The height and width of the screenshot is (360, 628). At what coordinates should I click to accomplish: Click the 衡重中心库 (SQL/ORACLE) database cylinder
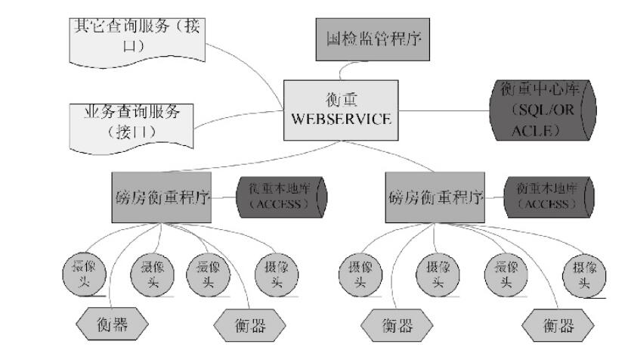[x=542, y=111]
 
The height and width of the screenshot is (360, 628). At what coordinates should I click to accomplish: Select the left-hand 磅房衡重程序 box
[x=161, y=197]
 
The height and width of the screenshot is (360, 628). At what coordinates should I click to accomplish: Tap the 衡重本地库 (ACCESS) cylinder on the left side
[x=282, y=196]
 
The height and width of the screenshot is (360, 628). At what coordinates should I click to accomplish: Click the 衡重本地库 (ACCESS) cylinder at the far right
[x=550, y=196]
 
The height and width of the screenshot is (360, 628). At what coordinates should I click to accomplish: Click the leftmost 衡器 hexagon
[x=113, y=326]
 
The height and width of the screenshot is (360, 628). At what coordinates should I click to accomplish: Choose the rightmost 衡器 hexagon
[x=558, y=327]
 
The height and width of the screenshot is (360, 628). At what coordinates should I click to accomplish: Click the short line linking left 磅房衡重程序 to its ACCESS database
[x=224, y=197]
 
